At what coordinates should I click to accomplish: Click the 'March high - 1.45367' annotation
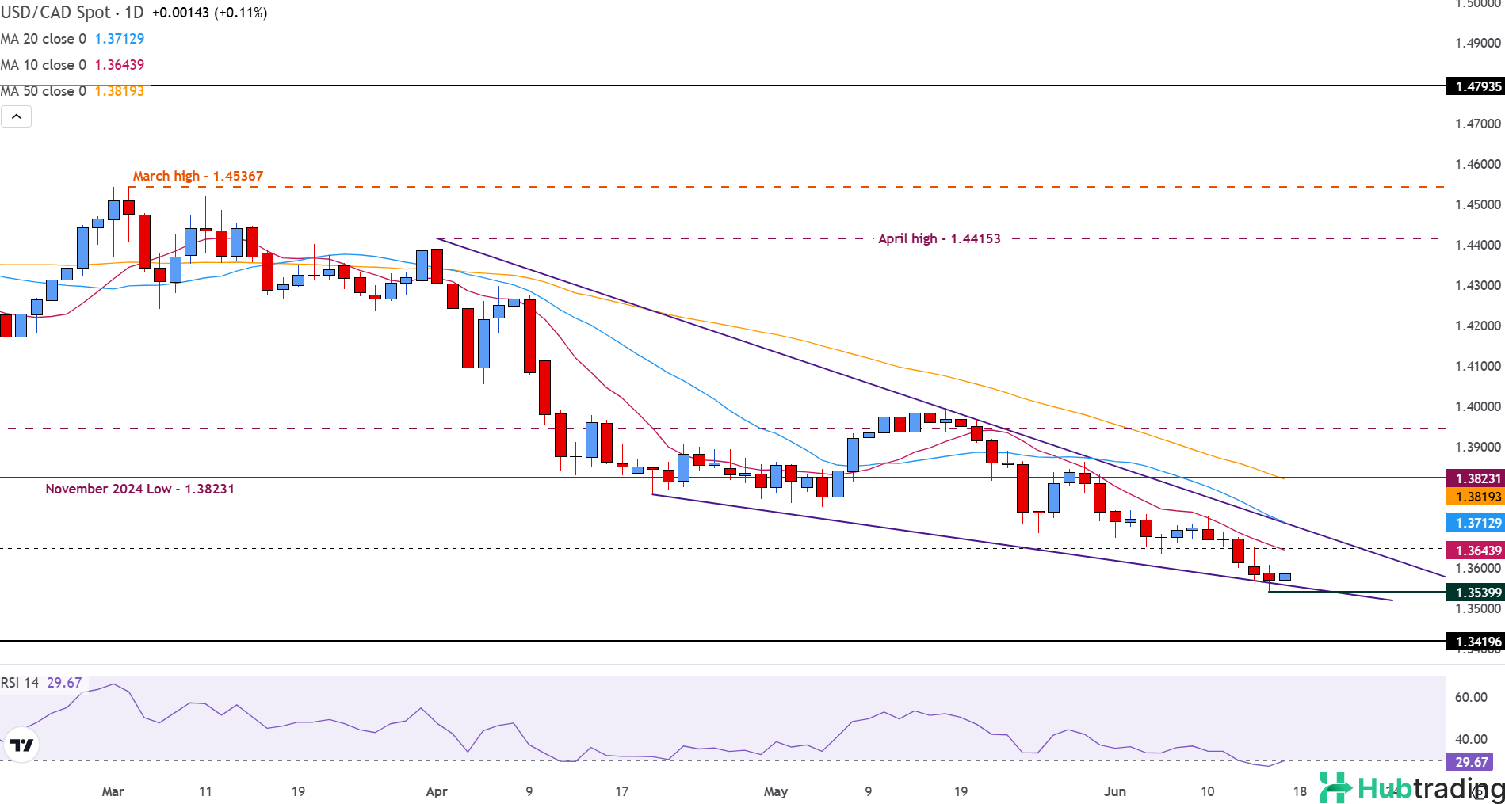tap(197, 176)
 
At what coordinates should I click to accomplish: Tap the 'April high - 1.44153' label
tap(938, 238)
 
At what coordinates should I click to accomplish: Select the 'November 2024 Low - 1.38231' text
tap(139, 489)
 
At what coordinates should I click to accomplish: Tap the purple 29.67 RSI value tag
tap(1471, 762)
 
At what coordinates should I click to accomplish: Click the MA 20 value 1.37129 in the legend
tap(120, 39)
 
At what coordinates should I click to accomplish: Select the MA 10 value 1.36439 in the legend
tap(120, 65)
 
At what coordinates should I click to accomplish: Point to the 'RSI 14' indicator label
tap(20, 683)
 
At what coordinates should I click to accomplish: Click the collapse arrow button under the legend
tap(17, 117)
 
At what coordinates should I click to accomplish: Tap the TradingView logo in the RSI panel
tap(21, 745)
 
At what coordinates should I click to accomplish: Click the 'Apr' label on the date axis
tap(437, 791)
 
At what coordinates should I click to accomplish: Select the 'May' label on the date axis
tap(776, 791)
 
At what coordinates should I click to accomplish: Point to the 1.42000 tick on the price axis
tap(1478, 326)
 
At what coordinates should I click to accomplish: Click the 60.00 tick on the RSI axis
tap(1471, 697)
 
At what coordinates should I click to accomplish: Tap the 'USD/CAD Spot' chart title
tap(56, 13)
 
